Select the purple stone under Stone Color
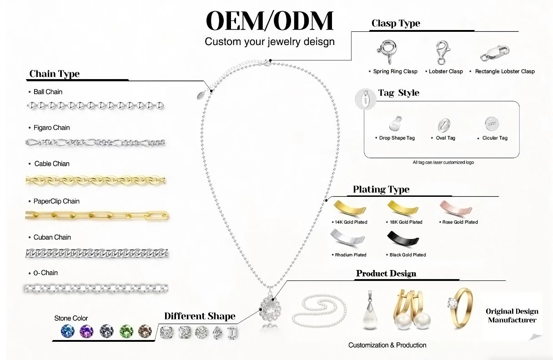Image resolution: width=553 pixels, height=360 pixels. tap(86, 331)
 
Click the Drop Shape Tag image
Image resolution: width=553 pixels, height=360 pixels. tap(396, 124)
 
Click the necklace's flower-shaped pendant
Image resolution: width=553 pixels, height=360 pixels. tap(270, 310)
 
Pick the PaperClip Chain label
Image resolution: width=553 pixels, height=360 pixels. tap(56, 201)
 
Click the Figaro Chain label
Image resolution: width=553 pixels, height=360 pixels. tap(52, 128)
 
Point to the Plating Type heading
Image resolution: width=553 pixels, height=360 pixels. tap(381, 190)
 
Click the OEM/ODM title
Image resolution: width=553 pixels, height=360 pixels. tap(270, 21)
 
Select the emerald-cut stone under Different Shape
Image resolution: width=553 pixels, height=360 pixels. tap(232, 333)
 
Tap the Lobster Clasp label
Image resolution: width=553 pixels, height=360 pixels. tap(446, 71)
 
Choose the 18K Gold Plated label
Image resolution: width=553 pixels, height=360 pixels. tap(406, 222)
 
